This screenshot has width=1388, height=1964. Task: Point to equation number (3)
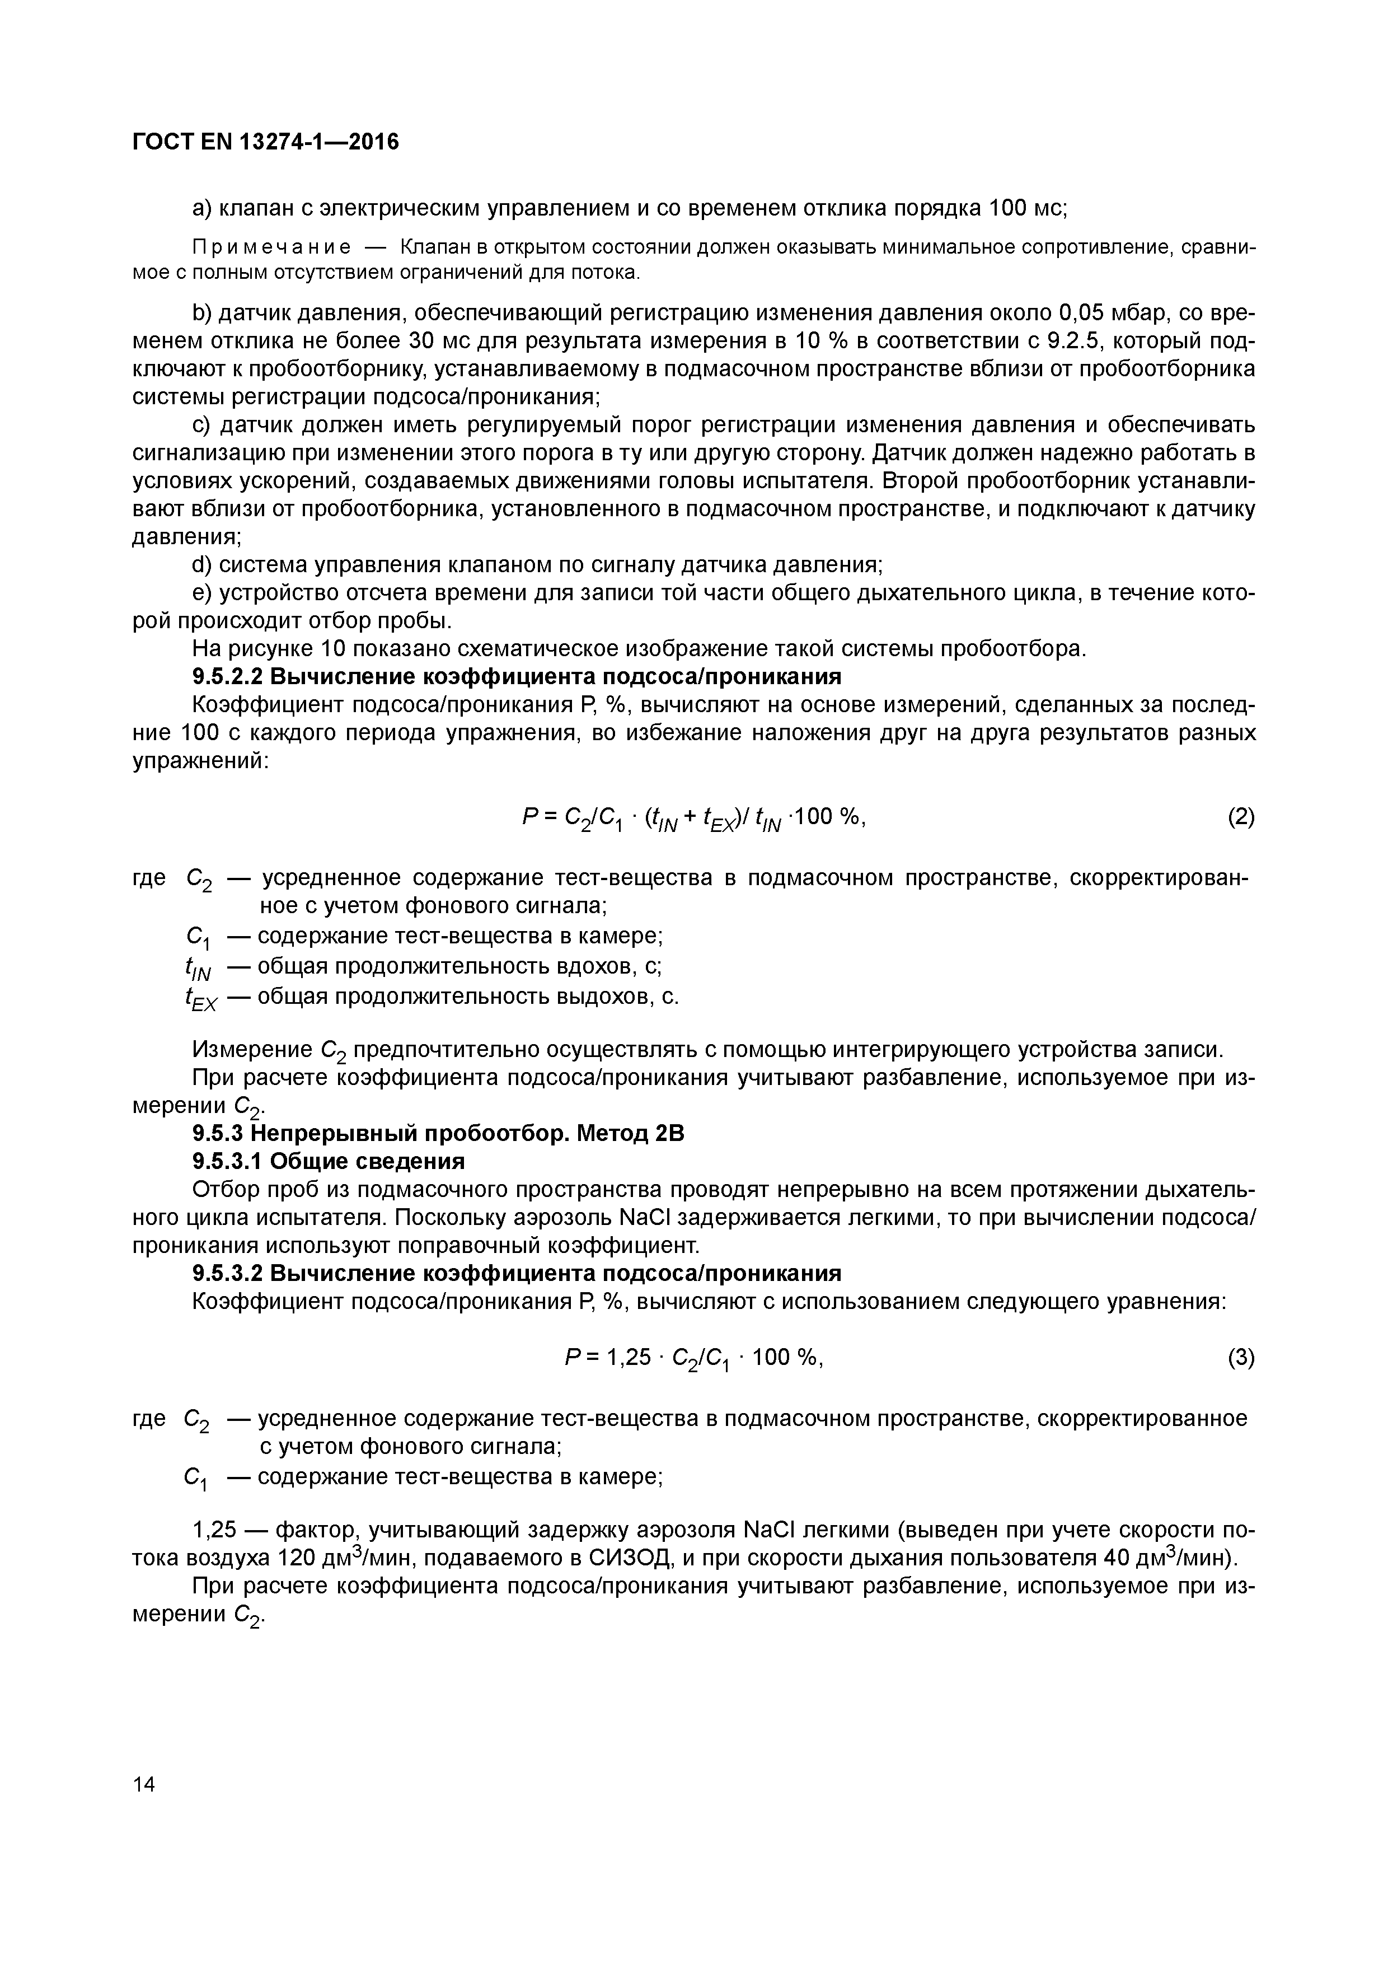1241,1358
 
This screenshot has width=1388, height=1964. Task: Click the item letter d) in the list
202,565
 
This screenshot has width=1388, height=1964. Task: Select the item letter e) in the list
202,593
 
